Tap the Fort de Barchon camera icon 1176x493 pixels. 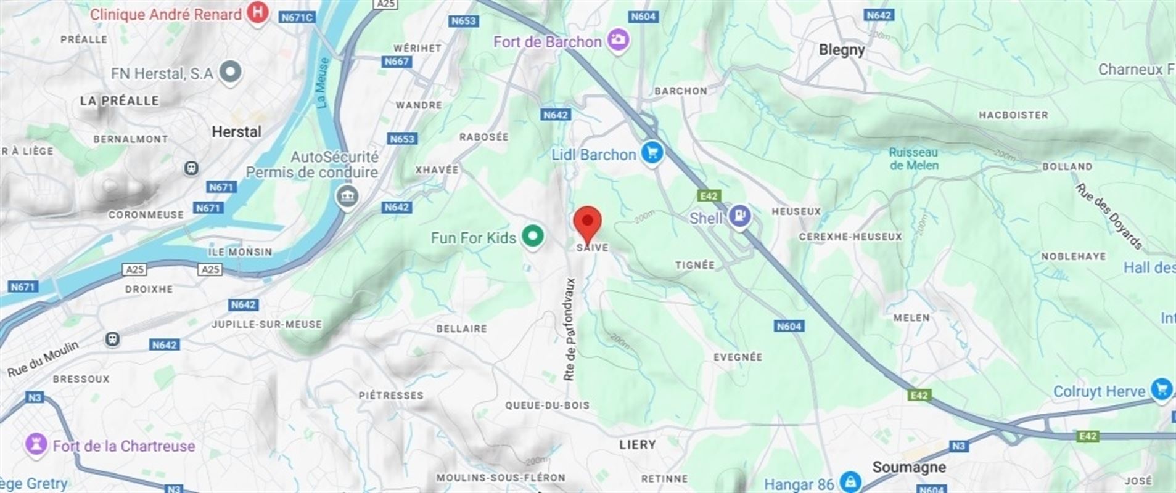617,41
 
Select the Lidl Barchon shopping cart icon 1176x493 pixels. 651,153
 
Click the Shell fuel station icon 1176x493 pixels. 739,216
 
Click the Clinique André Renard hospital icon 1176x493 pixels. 257,13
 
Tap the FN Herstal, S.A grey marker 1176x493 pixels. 231,72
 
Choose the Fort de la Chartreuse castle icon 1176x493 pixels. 36,444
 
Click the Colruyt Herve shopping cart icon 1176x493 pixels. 1161,390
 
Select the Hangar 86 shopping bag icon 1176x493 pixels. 850,481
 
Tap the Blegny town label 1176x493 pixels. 841,50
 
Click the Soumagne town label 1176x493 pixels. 908,467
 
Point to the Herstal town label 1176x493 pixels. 236,131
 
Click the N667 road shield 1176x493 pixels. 397,62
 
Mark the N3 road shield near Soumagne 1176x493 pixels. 958,446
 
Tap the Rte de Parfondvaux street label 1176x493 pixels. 570,329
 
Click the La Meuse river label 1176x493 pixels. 323,83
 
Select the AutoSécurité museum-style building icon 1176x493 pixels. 347,197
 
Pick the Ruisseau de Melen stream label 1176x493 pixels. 913,158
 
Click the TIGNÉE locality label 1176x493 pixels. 694,265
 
